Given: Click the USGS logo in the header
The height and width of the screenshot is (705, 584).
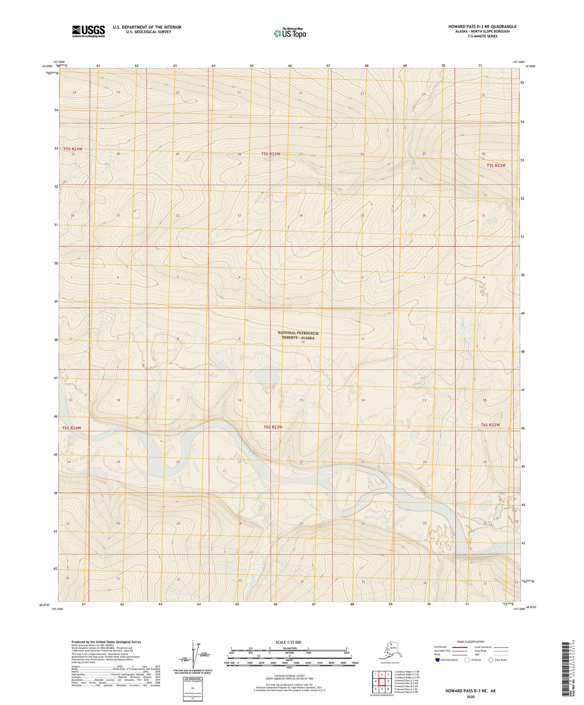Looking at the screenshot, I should point(88,31).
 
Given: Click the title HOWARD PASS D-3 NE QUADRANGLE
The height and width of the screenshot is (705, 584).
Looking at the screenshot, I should point(482,27).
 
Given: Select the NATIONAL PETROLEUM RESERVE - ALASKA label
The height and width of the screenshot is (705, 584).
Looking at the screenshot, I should point(298,336).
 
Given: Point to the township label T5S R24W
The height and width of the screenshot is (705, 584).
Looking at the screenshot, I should point(73,149).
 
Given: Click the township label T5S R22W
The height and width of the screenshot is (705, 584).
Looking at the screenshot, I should point(496,166).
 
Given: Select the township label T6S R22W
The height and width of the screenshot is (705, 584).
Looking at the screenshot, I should point(490,425).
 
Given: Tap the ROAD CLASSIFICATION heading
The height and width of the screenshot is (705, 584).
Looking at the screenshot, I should point(470,642).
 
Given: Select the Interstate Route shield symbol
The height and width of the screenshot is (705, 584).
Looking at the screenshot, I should point(438,660).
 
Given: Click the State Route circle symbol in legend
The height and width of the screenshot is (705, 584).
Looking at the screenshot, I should point(491,660).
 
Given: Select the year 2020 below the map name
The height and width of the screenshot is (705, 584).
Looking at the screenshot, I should point(470,697).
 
